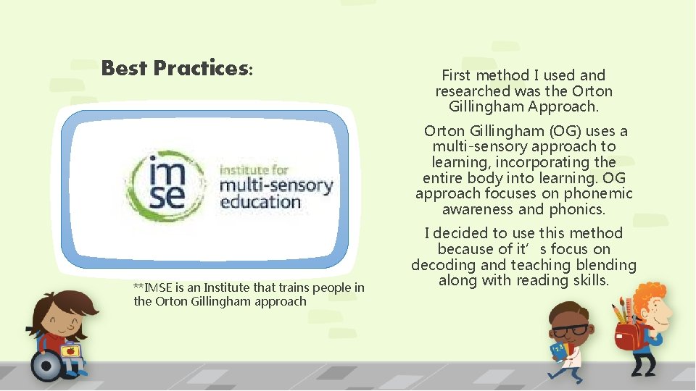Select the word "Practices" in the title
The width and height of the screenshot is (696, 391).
[x=200, y=68]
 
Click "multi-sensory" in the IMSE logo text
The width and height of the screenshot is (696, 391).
[x=275, y=185]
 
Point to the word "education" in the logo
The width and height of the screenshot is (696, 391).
[x=260, y=201]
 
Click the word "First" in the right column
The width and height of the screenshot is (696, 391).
[x=457, y=75]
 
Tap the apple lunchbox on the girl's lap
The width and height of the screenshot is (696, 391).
[x=70, y=352]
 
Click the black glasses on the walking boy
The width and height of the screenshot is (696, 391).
[x=571, y=330]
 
